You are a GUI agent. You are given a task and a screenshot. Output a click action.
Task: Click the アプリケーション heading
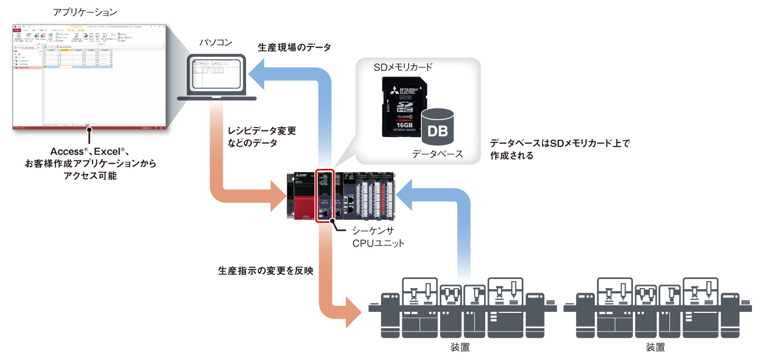pyautogui.click(x=85, y=11)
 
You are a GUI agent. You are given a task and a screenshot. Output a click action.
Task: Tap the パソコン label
pyautogui.click(x=215, y=43)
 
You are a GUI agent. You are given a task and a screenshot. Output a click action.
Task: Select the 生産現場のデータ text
pyautogui.click(x=294, y=48)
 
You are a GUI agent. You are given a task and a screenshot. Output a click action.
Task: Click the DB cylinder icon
pyautogui.click(x=437, y=127)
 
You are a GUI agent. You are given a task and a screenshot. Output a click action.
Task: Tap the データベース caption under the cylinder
pyautogui.click(x=437, y=154)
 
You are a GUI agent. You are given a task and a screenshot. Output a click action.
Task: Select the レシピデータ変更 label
pyautogui.click(x=262, y=130)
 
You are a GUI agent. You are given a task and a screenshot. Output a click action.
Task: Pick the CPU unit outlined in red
pyautogui.click(x=324, y=196)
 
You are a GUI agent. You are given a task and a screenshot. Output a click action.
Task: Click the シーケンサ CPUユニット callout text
pyautogui.click(x=378, y=237)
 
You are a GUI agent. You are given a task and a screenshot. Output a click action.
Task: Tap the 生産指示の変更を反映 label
pyautogui.click(x=266, y=271)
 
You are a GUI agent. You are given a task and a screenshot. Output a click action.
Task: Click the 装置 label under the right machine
pyautogui.click(x=655, y=348)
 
